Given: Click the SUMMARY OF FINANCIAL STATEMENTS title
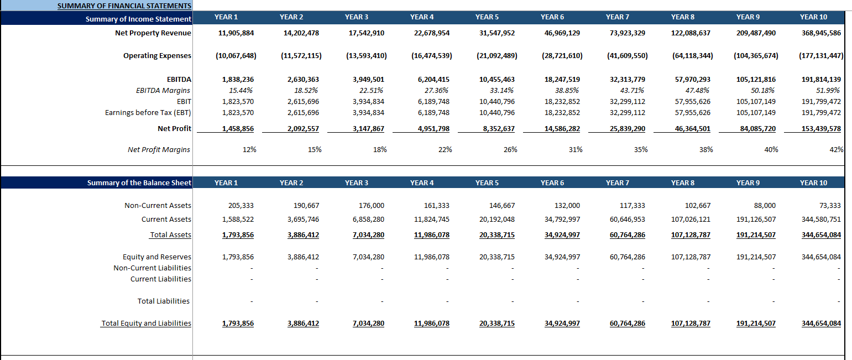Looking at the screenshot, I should point(124,6).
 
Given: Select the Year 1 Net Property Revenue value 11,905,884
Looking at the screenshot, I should point(236,33).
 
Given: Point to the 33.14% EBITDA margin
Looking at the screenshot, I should point(501,90).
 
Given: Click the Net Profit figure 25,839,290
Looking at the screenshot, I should point(627,129).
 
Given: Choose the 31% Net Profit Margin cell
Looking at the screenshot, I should point(575,149).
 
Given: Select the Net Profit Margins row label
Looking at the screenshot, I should point(159,149).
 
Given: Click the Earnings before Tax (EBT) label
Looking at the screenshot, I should point(148,113).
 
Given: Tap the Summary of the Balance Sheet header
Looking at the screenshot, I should point(139,183).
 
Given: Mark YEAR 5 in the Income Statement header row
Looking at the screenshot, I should point(487,17).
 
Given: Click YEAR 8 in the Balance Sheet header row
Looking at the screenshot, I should point(683,183).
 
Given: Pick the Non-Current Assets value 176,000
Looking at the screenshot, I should point(372,206).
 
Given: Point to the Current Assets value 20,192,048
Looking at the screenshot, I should point(497,220).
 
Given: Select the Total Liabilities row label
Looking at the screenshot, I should point(163,301).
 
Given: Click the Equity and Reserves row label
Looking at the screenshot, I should point(156,257).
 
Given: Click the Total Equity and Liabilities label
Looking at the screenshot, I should point(146,324).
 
